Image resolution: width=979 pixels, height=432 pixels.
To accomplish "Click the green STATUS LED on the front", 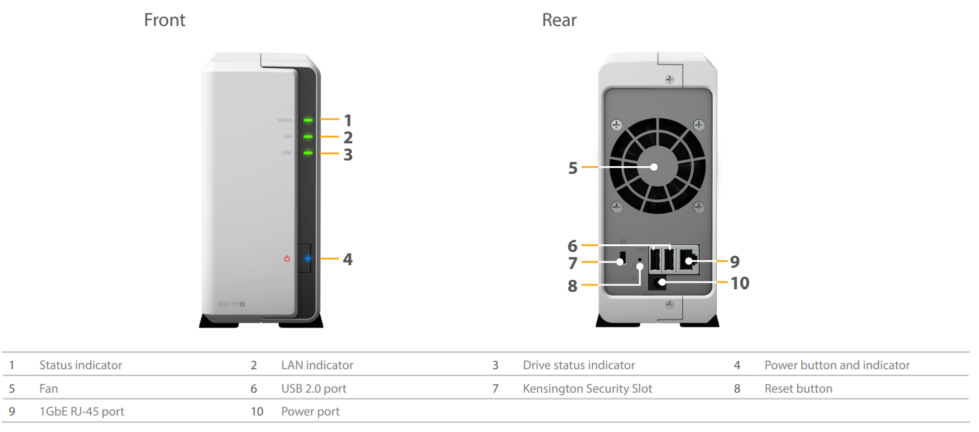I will click(308, 119).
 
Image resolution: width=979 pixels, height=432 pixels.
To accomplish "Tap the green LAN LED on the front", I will click(308, 136).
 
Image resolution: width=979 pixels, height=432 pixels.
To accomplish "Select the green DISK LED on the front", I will click(308, 153).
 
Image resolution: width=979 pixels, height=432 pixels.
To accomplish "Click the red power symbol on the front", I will click(287, 259).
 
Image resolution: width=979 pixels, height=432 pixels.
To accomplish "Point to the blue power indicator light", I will click(308, 259).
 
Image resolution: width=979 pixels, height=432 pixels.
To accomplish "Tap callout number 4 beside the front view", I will click(347, 259).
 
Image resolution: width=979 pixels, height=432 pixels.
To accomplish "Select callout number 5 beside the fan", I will click(573, 168).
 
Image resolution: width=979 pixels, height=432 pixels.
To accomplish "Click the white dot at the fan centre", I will click(654, 167).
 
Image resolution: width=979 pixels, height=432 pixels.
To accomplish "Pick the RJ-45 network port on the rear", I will click(688, 259).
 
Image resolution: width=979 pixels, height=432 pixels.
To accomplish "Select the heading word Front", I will click(164, 20).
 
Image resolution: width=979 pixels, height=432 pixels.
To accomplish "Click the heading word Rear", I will click(559, 20).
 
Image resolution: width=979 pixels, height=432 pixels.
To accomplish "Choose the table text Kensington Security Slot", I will click(587, 388).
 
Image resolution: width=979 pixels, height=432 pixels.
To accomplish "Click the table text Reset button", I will click(798, 388).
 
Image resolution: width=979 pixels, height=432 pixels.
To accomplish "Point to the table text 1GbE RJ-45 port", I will click(81, 412).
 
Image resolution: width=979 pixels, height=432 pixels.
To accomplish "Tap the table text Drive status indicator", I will click(578, 365).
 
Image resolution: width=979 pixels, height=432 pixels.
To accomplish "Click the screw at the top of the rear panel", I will click(669, 80).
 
